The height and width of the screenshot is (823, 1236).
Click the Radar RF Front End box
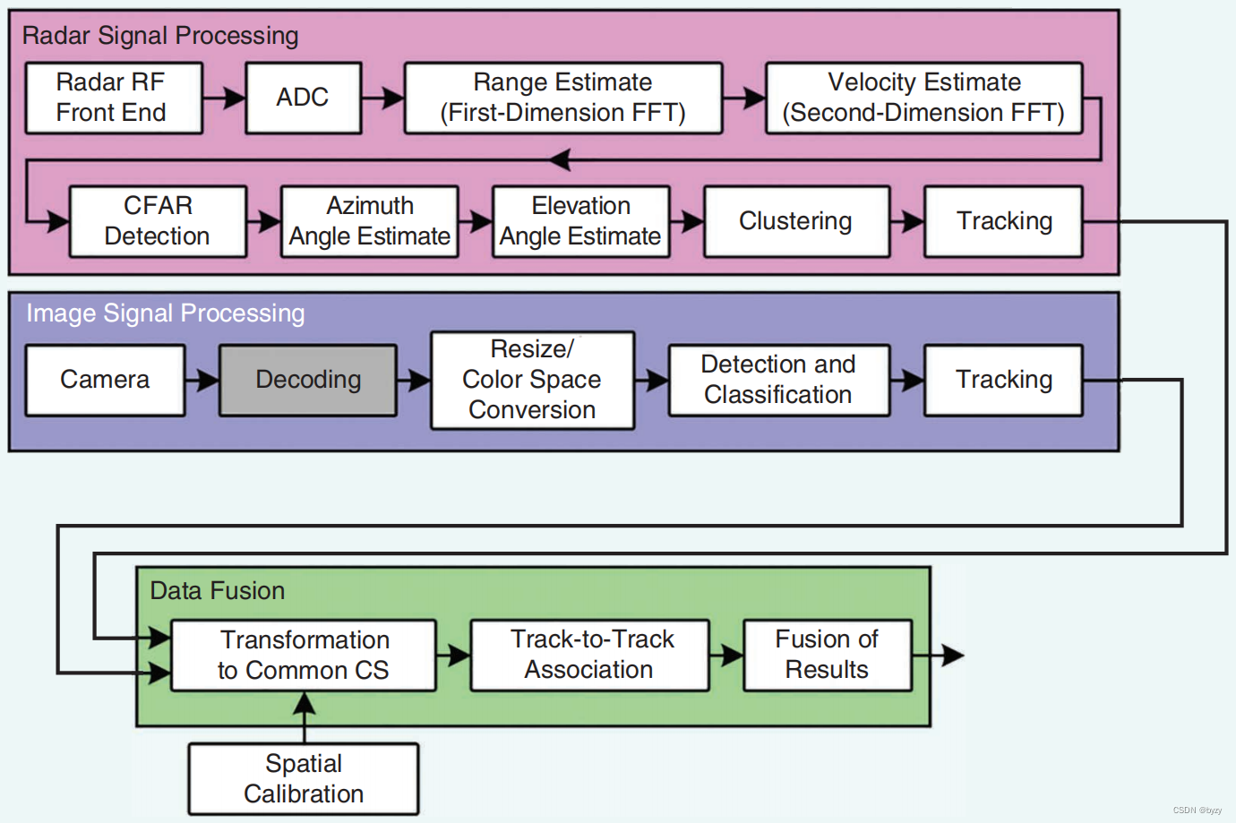click(114, 98)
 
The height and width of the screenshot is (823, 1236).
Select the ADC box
click(304, 98)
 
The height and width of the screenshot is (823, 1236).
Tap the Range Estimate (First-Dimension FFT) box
click(563, 98)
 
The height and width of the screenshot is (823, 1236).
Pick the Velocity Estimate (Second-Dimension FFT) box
click(923, 98)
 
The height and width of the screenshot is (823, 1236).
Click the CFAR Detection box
click(158, 221)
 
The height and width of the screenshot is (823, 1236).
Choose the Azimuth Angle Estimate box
click(369, 221)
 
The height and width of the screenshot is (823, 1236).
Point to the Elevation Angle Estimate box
click(580, 221)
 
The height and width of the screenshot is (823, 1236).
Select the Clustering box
click(796, 221)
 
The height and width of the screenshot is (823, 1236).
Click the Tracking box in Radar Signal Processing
click(1003, 221)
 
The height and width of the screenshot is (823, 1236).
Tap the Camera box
click(105, 380)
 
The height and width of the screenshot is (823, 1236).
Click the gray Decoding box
click(308, 380)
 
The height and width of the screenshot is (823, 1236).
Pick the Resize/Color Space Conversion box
click(532, 380)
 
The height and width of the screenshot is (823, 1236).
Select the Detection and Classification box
click(778, 380)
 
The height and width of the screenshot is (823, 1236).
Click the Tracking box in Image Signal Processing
click(1003, 380)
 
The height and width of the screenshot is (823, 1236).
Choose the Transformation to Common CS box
click(304, 655)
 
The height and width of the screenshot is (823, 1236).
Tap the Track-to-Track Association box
click(589, 655)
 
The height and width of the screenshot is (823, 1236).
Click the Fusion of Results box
click(827, 655)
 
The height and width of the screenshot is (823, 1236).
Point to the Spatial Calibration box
click(304, 778)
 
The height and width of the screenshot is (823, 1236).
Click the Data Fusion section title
click(218, 591)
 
